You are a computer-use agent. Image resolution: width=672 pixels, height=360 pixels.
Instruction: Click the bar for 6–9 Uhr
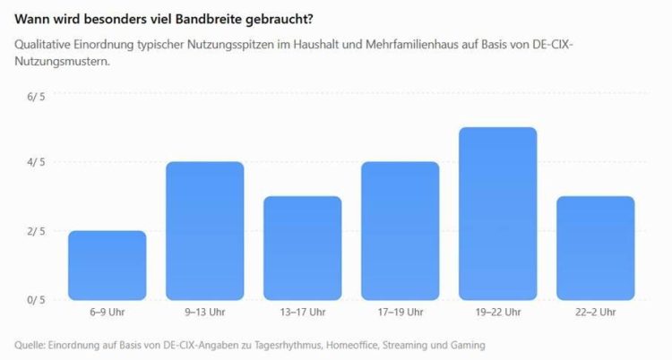pyautogui.click(x=108, y=265)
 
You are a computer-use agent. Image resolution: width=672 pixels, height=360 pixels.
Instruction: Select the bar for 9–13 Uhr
pyautogui.click(x=205, y=230)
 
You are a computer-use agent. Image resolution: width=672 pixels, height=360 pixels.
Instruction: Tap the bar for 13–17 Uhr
pyautogui.click(x=303, y=248)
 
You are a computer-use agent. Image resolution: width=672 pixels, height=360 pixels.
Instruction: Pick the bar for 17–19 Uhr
pyautogui.click(x=401, y=230)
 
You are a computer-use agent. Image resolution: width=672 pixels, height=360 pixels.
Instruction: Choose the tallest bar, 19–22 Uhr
pyautogui.click(x=498, y=213)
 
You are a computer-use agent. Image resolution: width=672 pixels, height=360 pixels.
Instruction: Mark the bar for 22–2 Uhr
pyautogui.click(x=596, y=248)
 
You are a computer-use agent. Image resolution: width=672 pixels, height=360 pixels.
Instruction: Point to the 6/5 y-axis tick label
pyautogui.click(x=36, y=97)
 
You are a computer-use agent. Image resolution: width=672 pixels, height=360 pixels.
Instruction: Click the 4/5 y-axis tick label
pyautogui.click(x=36, y=162)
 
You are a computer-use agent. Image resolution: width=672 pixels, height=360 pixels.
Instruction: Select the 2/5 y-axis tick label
pyautogui.click(x=36, y=231)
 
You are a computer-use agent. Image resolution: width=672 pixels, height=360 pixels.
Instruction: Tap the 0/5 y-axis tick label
pyautogui.click(x=36, y=300)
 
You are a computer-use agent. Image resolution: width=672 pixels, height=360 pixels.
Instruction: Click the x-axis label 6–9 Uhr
pyautogui.click(x=108, y=312)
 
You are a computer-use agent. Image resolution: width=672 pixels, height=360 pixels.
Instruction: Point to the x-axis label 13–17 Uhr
pyautogui.click(x=303, y=312)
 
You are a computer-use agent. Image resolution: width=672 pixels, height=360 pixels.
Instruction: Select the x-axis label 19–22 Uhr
pyautogui.click(x=498, y=312)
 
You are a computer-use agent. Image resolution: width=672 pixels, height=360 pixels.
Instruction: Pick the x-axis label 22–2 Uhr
pyautogui.click(x=596, y=312)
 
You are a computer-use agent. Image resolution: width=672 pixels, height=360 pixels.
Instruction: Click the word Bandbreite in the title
pyautogui.click(x=211, y=20)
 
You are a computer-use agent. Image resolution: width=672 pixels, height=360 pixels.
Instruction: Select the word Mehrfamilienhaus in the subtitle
pyautogui.click(x=412, y=45)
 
